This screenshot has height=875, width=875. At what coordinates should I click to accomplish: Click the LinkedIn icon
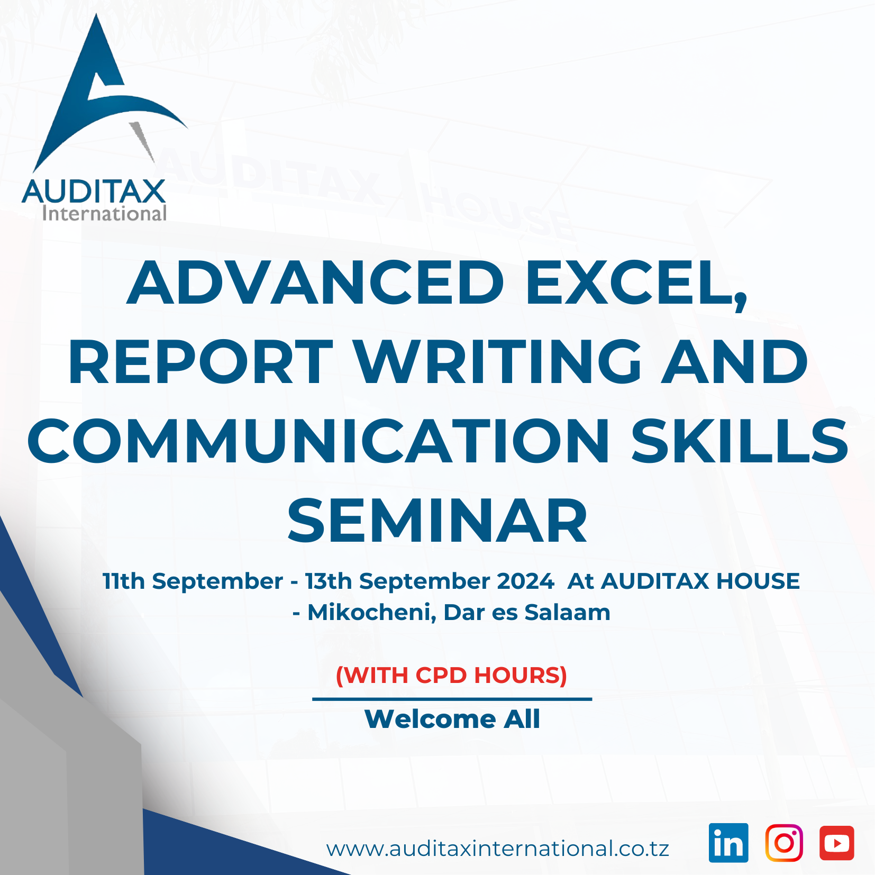[x=728, y=843]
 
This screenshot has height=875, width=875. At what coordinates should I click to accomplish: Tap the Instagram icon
[x=784, y=843]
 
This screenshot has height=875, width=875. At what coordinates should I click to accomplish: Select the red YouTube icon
[x=837, y=843]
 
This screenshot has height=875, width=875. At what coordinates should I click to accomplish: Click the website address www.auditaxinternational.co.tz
[x=498, y=849]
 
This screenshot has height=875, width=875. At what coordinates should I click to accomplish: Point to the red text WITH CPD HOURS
[x=452, y=675]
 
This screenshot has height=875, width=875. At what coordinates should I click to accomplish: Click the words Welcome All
[x=452, y=719]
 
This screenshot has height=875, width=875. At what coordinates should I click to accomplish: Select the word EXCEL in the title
[x=636, y=283]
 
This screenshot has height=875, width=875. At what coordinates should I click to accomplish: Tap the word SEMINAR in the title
[x=437, y=521]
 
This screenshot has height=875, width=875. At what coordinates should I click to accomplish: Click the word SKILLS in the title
[x=740, y=441]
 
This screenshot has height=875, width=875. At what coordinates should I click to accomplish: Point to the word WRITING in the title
[x=498, y=362]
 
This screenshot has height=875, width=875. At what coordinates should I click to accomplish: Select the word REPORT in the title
[x=201, y=362]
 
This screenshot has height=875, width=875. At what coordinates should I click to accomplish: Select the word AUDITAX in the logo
[x=94, y=192]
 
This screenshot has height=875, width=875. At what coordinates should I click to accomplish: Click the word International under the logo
[x=104, y=213]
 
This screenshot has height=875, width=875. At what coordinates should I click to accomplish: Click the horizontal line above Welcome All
[x=452, y=699]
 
